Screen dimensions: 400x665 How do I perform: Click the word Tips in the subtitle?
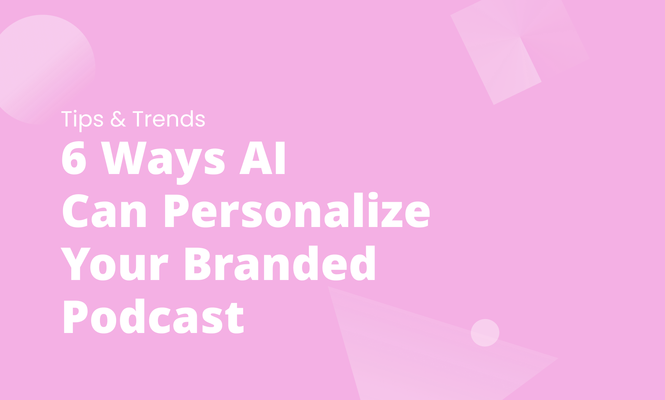tap(82, 119)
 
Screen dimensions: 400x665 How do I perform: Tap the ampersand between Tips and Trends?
tap(118, 119)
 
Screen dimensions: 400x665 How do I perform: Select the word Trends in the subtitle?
tap(169, 119)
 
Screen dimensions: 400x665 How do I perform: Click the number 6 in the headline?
tap(74, 158)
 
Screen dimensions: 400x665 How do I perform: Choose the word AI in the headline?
tap(263, 158)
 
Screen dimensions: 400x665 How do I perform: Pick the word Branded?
tap(280, 264)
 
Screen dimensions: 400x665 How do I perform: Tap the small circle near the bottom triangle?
tap(485, 333)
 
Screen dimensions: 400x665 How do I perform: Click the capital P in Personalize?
tap(176, 211)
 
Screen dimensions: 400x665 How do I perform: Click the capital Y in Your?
tap(75, 264)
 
